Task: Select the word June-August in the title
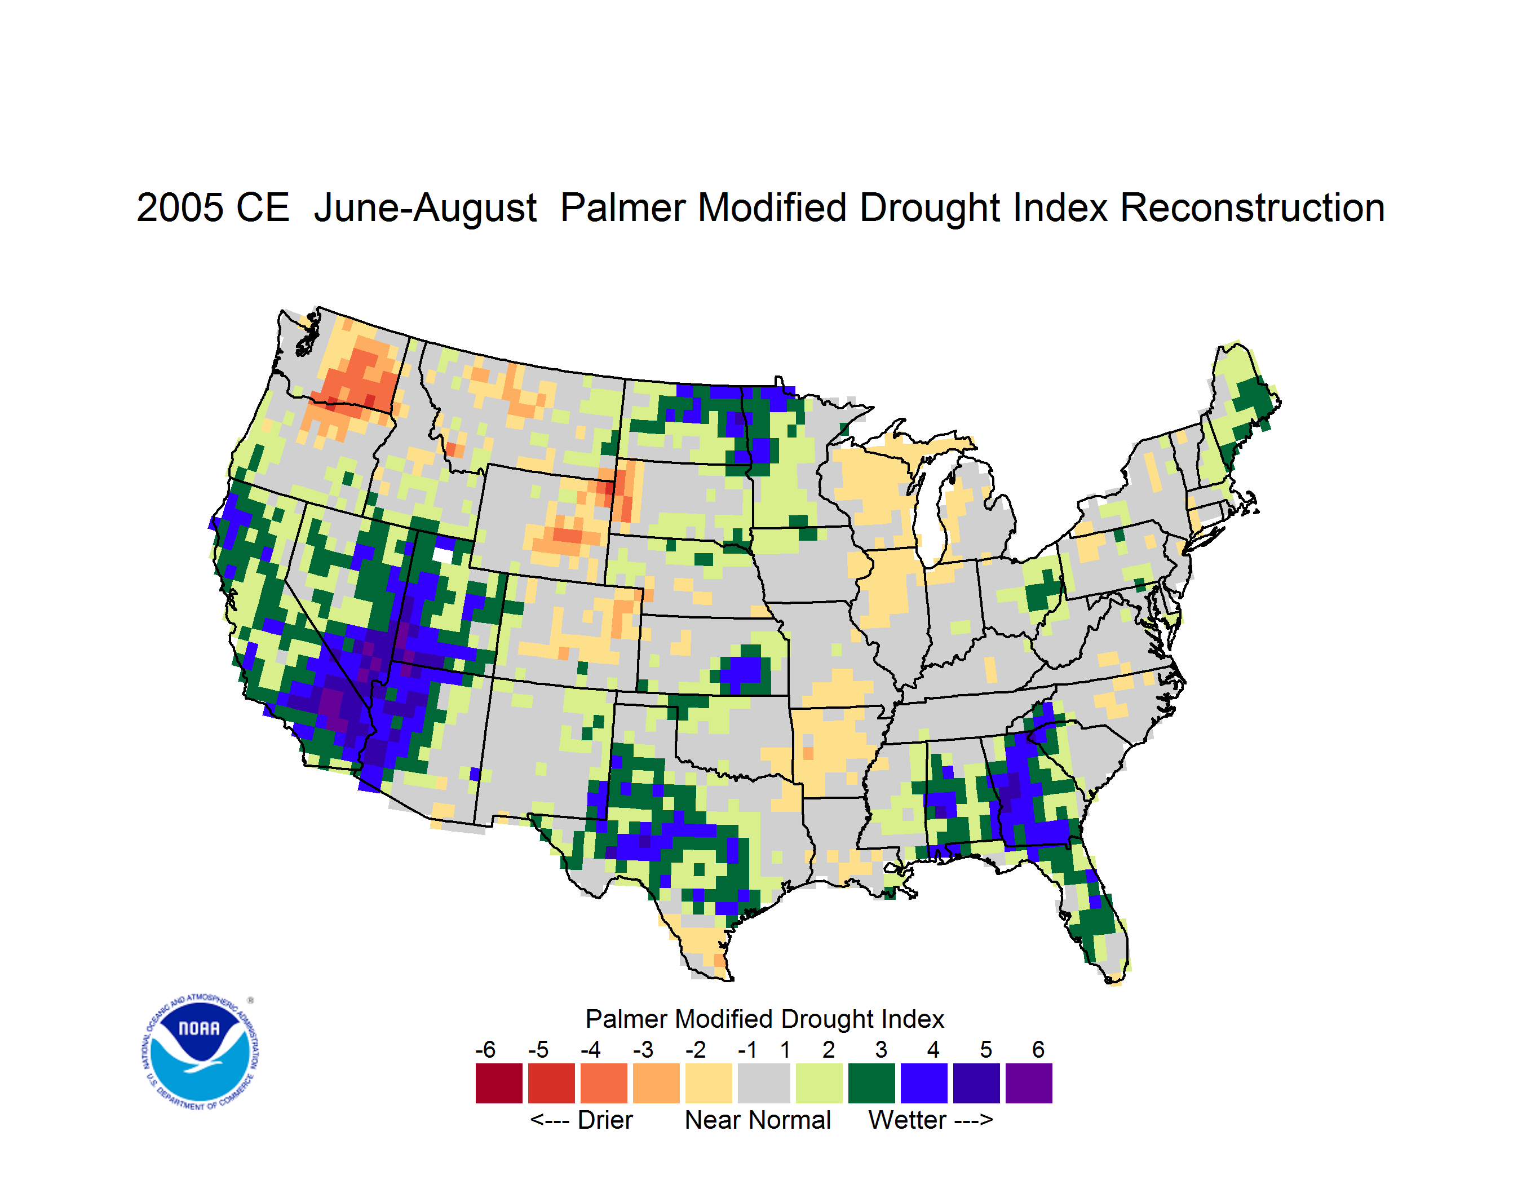[x=425, y=207]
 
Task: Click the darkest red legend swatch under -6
[x=499, y=1083]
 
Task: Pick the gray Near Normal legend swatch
[x=764, y=1083]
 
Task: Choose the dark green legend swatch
[x=871, y=1083]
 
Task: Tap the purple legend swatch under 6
[x=1029, y=1083]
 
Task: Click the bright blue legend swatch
[x=924, y=1083]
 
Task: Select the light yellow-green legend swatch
[x=819, y=1083]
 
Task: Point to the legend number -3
[x=643, y=1049]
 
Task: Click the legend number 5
[x=986, y=1049]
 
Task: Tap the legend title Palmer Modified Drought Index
[x=764, y=1019]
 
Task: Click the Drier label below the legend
[x=605, y=1120]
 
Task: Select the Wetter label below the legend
[x=908, y=1120]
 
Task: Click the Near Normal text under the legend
[x=758, y=1120]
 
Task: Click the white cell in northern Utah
[x=443, y=555]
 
